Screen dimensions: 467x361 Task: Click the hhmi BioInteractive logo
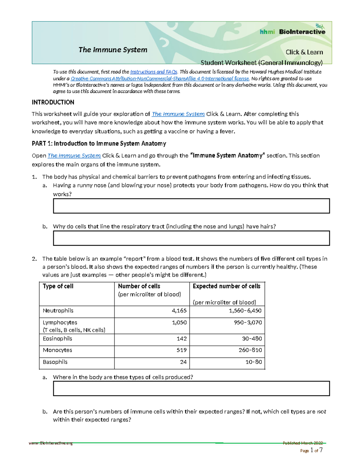292,31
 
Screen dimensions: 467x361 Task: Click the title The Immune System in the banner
113,50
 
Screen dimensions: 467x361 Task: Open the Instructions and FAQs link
154,72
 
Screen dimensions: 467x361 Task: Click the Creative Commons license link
160,78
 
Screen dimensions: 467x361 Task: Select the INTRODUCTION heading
53,102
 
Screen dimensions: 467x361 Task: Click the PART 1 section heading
99,143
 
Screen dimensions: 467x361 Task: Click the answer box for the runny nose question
191,206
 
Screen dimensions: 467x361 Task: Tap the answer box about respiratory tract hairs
191,238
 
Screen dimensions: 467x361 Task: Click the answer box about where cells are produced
191,388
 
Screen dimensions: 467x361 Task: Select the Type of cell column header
58,286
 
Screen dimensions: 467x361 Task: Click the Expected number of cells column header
227,286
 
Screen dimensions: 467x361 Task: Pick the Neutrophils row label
58,311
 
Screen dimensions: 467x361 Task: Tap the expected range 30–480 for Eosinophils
252,339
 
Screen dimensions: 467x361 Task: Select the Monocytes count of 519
181,350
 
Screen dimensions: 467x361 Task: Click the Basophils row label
55,362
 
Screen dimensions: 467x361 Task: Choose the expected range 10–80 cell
254,362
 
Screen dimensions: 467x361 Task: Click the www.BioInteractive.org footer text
51,443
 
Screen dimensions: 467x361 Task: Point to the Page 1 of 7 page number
311,450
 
